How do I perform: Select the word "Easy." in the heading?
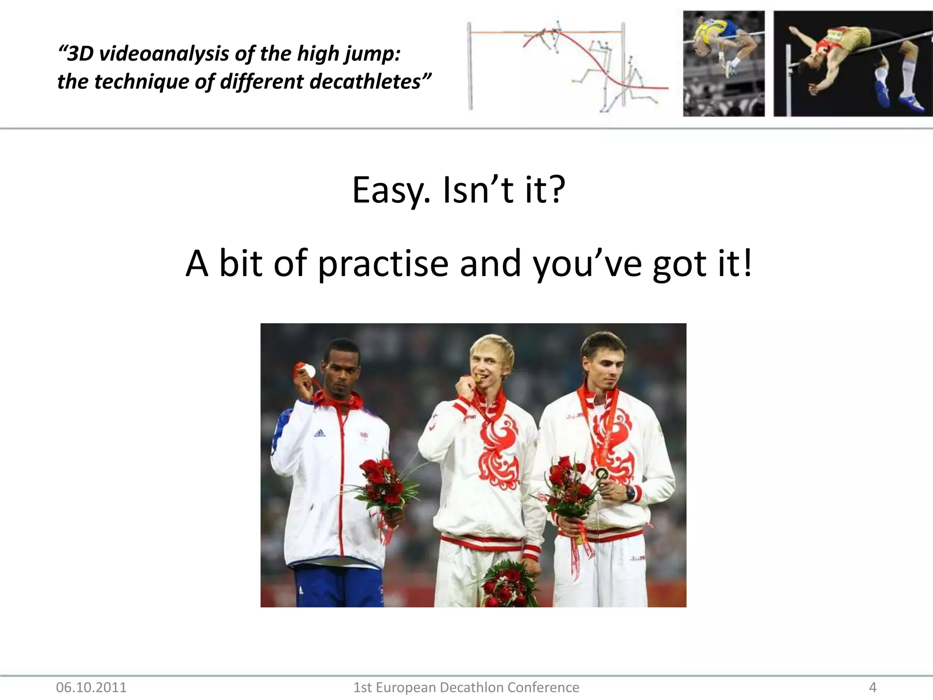pos(391,190)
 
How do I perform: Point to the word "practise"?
pos(383,264)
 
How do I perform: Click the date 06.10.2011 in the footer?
pos(91,687)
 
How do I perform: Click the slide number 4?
pos(872,687)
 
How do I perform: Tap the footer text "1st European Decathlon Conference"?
pos(466,687)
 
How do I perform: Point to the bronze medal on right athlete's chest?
pos(602,474)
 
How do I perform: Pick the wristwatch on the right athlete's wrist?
pos(630,493)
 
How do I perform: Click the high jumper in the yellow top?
pos(722,46)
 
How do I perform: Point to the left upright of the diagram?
pos(470,66)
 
